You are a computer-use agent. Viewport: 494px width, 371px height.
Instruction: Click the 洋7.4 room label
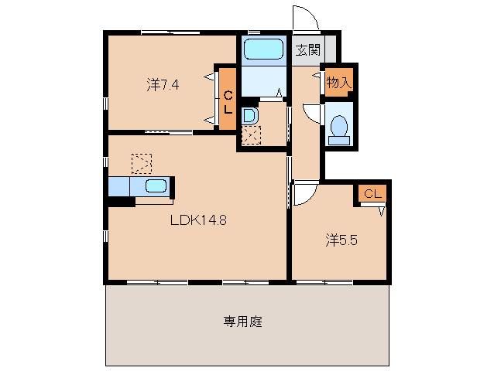[163, 85]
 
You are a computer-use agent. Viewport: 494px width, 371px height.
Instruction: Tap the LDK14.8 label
[198, 219]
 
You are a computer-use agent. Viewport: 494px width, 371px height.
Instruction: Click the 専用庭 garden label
[244, 321]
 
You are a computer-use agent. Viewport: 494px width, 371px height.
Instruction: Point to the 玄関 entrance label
[307, 51]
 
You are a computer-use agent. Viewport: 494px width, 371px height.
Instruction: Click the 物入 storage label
[338, 81]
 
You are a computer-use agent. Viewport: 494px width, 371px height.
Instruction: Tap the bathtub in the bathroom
[263, 50]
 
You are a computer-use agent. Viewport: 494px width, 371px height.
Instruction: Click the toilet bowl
[338, 128]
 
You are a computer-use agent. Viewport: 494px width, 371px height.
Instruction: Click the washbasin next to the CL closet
[249, 116]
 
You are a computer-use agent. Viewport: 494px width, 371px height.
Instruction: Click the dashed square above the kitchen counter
[142, 163]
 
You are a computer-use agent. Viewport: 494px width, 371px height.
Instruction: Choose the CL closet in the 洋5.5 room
[372, 194]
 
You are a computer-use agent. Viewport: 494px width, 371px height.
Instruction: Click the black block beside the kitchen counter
[122, 202]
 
